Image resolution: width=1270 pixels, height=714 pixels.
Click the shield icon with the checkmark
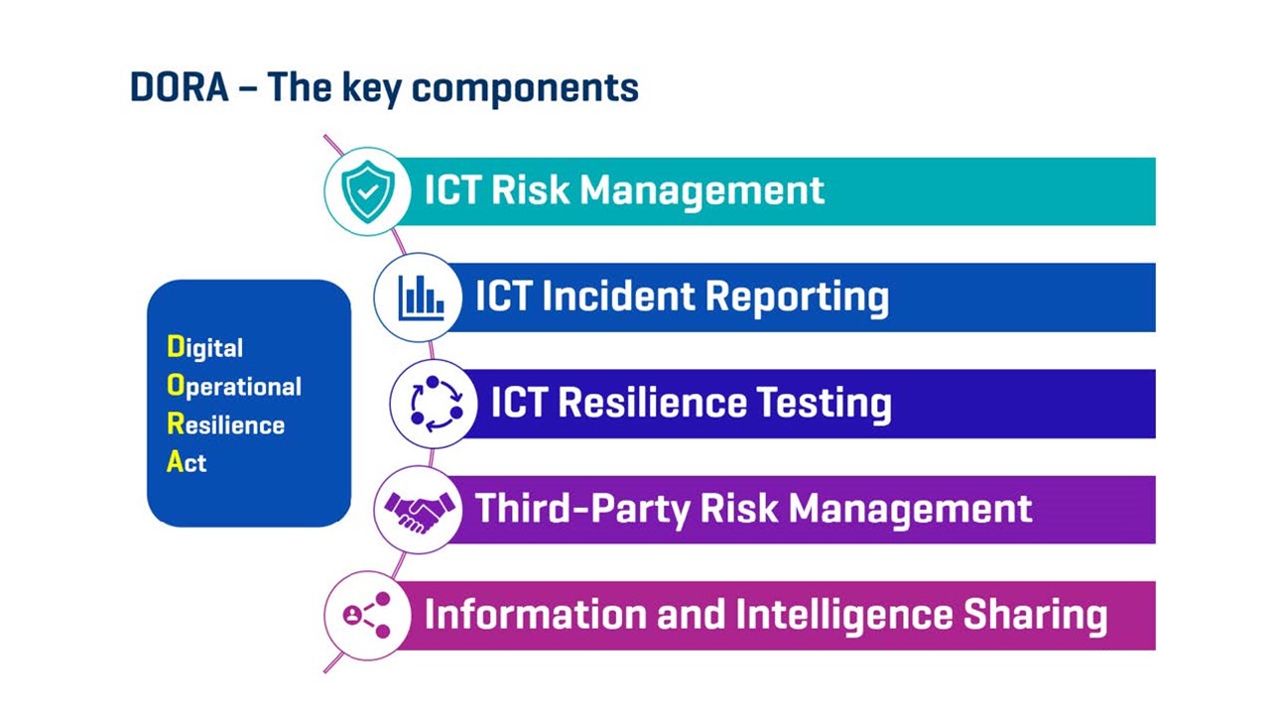[x=368, y=191]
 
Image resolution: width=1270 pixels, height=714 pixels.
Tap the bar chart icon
[x=421, y=298]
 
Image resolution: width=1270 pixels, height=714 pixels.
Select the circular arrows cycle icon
[x=437, y=404]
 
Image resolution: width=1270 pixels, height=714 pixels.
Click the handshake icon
[x=420, y=512]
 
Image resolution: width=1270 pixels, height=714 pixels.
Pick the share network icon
[x=367, y=616]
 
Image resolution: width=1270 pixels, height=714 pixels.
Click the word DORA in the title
[x=180, y=88]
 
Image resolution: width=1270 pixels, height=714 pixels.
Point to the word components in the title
[x=525, y=89]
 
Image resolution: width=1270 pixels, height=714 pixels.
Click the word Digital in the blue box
[x=204, y=347]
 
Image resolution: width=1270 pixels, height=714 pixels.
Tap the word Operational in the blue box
[x=234, y=387]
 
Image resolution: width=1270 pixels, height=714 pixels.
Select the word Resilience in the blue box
[x=225, y=424]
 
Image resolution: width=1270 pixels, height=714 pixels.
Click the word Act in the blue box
[x=187, y=462]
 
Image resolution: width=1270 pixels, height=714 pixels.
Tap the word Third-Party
[x=582, y=509]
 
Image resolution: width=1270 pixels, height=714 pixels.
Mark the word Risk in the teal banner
[x=530, y=189]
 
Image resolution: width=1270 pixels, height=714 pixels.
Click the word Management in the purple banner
[x=910, y=509]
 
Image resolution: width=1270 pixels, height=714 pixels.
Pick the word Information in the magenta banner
[x=535, y=614]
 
